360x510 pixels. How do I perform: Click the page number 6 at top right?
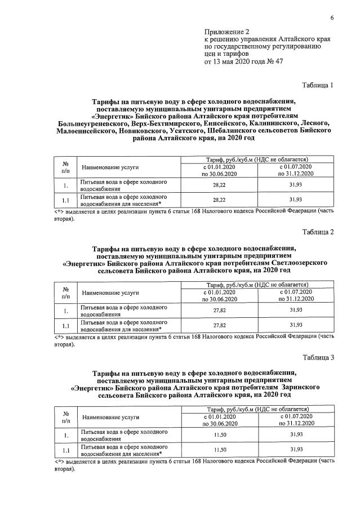[332, 17]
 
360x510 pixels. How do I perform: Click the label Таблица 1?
[318, 86]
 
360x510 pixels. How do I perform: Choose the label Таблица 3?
[318, 357]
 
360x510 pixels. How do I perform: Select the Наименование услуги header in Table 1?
[110, 167]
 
